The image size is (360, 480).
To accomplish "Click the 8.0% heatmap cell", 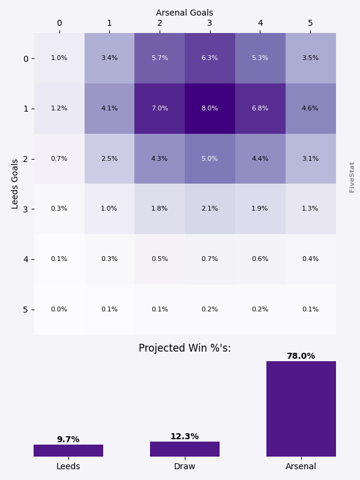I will (210, 109).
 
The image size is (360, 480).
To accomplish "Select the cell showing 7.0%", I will (160, 109).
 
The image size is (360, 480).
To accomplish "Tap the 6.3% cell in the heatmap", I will (210, 58).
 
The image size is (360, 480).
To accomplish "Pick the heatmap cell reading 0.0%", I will (59, 310).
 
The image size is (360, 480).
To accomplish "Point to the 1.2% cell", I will (59, 109).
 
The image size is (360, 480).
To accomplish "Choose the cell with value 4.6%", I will (310, 109).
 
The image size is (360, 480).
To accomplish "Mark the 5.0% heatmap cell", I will (210, 159).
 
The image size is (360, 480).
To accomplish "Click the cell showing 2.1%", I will (210, 209).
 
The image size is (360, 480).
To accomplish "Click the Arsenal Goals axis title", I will (184, 13).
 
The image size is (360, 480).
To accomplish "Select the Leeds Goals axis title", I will (16, 184).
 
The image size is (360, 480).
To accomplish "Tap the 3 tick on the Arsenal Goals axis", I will (210, 23).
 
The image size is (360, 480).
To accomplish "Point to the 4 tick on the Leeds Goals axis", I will (26, 259).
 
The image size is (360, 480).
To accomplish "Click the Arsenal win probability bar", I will (301, 409).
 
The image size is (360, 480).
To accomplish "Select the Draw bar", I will (185, 449).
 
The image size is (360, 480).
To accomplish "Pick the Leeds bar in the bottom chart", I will (68, 451).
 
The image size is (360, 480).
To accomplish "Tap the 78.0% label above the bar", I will (301, 356).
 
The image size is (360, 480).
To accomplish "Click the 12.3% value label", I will (184, 436).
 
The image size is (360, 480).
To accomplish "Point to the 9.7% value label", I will (68, 439).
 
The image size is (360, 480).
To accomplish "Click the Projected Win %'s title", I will (184, 349).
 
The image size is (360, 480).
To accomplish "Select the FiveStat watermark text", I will (352, 176).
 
